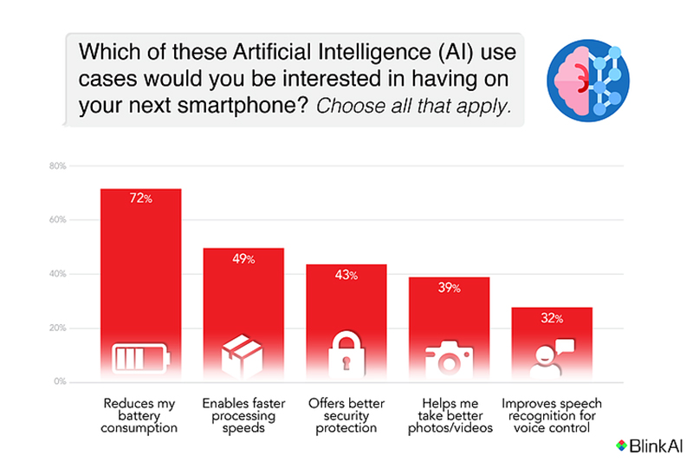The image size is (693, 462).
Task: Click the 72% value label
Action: pyautogui.click(x=141, y=199)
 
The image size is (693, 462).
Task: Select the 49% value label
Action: pyautogui.click(x=243, y=258)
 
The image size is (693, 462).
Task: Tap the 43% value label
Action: pyautogui.click(x=346, y=275)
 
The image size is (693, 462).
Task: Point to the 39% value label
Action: pyautogui.click(x=449, y=288)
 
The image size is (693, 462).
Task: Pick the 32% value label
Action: pyautogui.click(x=552, y=318)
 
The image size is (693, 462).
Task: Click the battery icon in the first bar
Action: pyautogui.click(x=141, y=357)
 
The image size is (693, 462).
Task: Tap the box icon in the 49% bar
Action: pyautogui.click(x=243, y=355)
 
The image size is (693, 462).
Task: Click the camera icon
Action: pyautogui.click(x=449, y=357)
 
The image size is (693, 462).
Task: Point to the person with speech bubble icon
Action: pyautogui.click(x=552, y=355)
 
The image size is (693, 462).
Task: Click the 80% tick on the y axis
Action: pyautogui.click(x=58, y=166)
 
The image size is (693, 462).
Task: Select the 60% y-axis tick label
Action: pyautogui.click(x=58, y=220)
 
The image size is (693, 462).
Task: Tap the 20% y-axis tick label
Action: pyautogui.click(x=58, y=329)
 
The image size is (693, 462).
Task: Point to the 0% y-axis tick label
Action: pyautogui.click(x=60, y=382)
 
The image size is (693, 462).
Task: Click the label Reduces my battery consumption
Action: pyautogui.click(x=139, y=415)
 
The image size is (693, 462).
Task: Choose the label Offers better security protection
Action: pyautogui.click(x=346, y=415)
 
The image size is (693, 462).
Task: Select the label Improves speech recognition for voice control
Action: pyautogui.click(x=552, y=415)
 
